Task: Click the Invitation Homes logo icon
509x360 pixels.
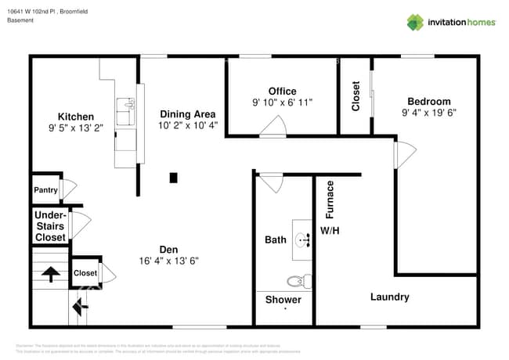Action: pyautogui.click(x=414, y=22)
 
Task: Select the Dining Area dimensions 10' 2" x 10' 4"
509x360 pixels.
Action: pyautogui.click(x=187, y=124)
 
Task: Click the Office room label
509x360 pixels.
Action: pyautogui.click(x=282, y=92)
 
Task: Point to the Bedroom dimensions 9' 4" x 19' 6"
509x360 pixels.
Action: pyautogui.click(x=428, y=112)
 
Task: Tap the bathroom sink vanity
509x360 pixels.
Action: pyautogui.click(x=302, y=239)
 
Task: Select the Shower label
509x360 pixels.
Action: pyautogui.click(x=283, y=300)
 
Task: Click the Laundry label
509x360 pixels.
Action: pyautogui.click(x=389, y=297)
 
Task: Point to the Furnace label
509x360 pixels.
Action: pyautogui.click(x=330, y=199)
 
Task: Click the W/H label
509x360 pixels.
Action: pyautogui.click(x=329, y=231)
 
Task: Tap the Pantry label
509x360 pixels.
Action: pyautogui.click(x=45, y=190)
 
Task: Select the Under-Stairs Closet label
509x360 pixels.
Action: pyautogui.click(x=50, y=225)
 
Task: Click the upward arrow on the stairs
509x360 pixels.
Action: pyautogui.click(x=50, y=274)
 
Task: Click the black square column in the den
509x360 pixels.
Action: pyautogui.click(x=173, y=178)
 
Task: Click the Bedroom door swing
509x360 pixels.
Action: pyautogui.click(x=405, y=153)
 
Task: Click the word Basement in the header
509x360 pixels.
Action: pyautogui.click(x=20, y=20)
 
